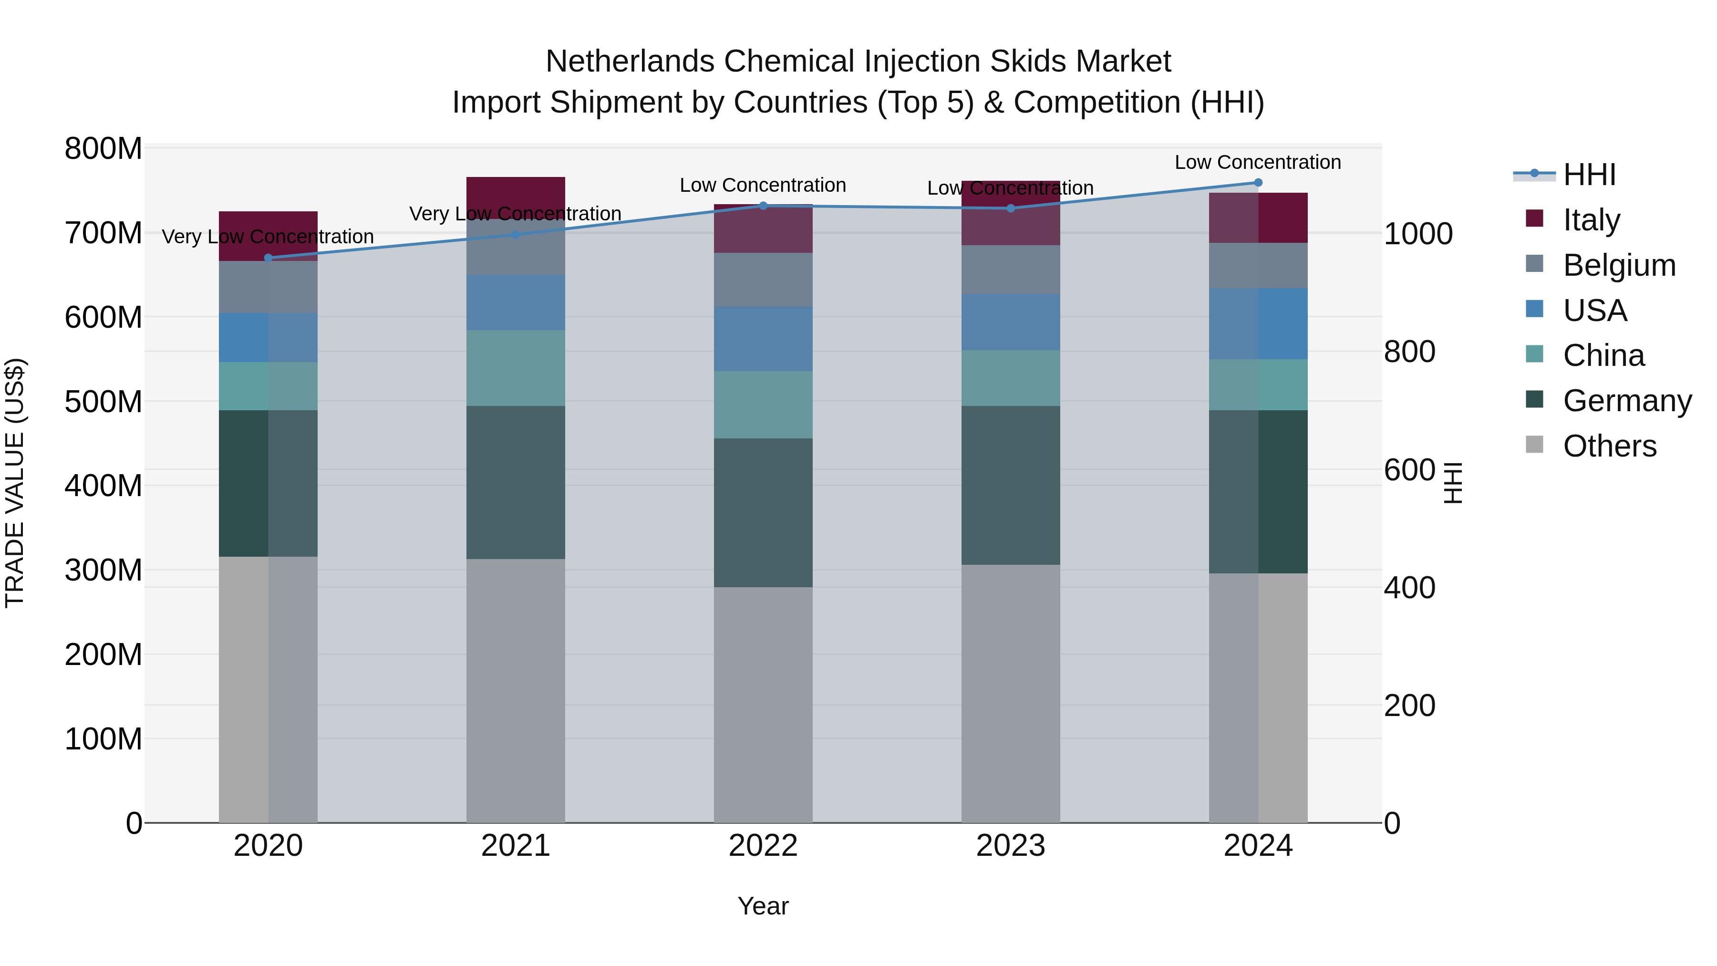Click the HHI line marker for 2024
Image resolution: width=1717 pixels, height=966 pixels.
tap(1258, 183)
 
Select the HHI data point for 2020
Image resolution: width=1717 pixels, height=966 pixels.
tap(268, 258)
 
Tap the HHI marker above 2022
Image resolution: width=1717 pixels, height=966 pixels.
tap(763, 206)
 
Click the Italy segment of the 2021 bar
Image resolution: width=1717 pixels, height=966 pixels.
tap(515, 193)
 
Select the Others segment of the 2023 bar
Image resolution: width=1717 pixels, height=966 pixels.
tap(1011, 693)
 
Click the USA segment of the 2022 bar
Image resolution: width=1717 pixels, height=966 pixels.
tap(763, 339)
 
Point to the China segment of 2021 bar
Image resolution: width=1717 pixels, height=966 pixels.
tap(515, 368)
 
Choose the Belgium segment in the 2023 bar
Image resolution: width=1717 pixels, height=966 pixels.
tap(1011, 270)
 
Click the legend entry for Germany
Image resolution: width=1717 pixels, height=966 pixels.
tap(1626, 401)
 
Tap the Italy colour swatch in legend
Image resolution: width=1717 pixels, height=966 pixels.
tap(1534, 218)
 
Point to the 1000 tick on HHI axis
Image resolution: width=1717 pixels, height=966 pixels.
tap(1418, 234)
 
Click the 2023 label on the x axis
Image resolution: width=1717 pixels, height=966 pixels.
tap(1011, 846)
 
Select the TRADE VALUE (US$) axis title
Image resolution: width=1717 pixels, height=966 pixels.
tap(15, 483)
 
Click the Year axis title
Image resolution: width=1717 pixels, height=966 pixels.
tap(763, 906)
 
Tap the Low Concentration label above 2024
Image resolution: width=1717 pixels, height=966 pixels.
tap(1257, 162)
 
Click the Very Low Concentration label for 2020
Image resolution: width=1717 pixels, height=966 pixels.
tap(268, 237)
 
